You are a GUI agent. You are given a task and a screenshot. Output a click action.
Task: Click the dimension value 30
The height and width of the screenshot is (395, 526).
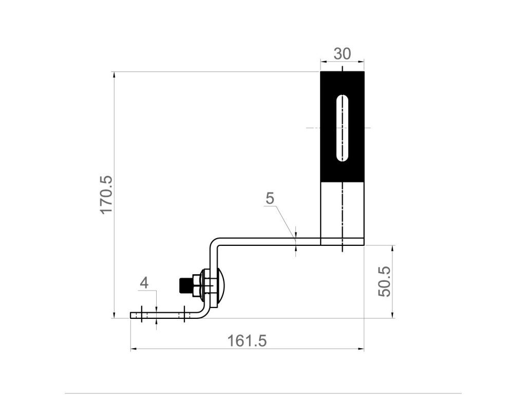(x=342, y=53)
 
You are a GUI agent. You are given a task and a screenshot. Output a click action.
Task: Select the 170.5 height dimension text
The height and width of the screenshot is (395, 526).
(x=107, y=194)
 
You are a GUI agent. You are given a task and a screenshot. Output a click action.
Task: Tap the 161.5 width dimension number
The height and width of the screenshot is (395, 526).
(x=247, y=340)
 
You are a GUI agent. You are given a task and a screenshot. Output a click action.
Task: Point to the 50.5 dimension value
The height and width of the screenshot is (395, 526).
(x=384, y=281)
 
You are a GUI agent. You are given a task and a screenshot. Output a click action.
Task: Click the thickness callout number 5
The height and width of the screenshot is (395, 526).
(x=270, y=198)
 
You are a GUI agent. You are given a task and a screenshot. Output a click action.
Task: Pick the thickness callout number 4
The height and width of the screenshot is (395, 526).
(x=144, y=283)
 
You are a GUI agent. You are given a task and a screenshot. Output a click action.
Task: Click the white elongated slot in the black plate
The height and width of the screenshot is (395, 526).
(x=342, y=128)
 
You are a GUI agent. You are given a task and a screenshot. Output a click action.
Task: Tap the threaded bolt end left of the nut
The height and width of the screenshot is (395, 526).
(x=185, y=285)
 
